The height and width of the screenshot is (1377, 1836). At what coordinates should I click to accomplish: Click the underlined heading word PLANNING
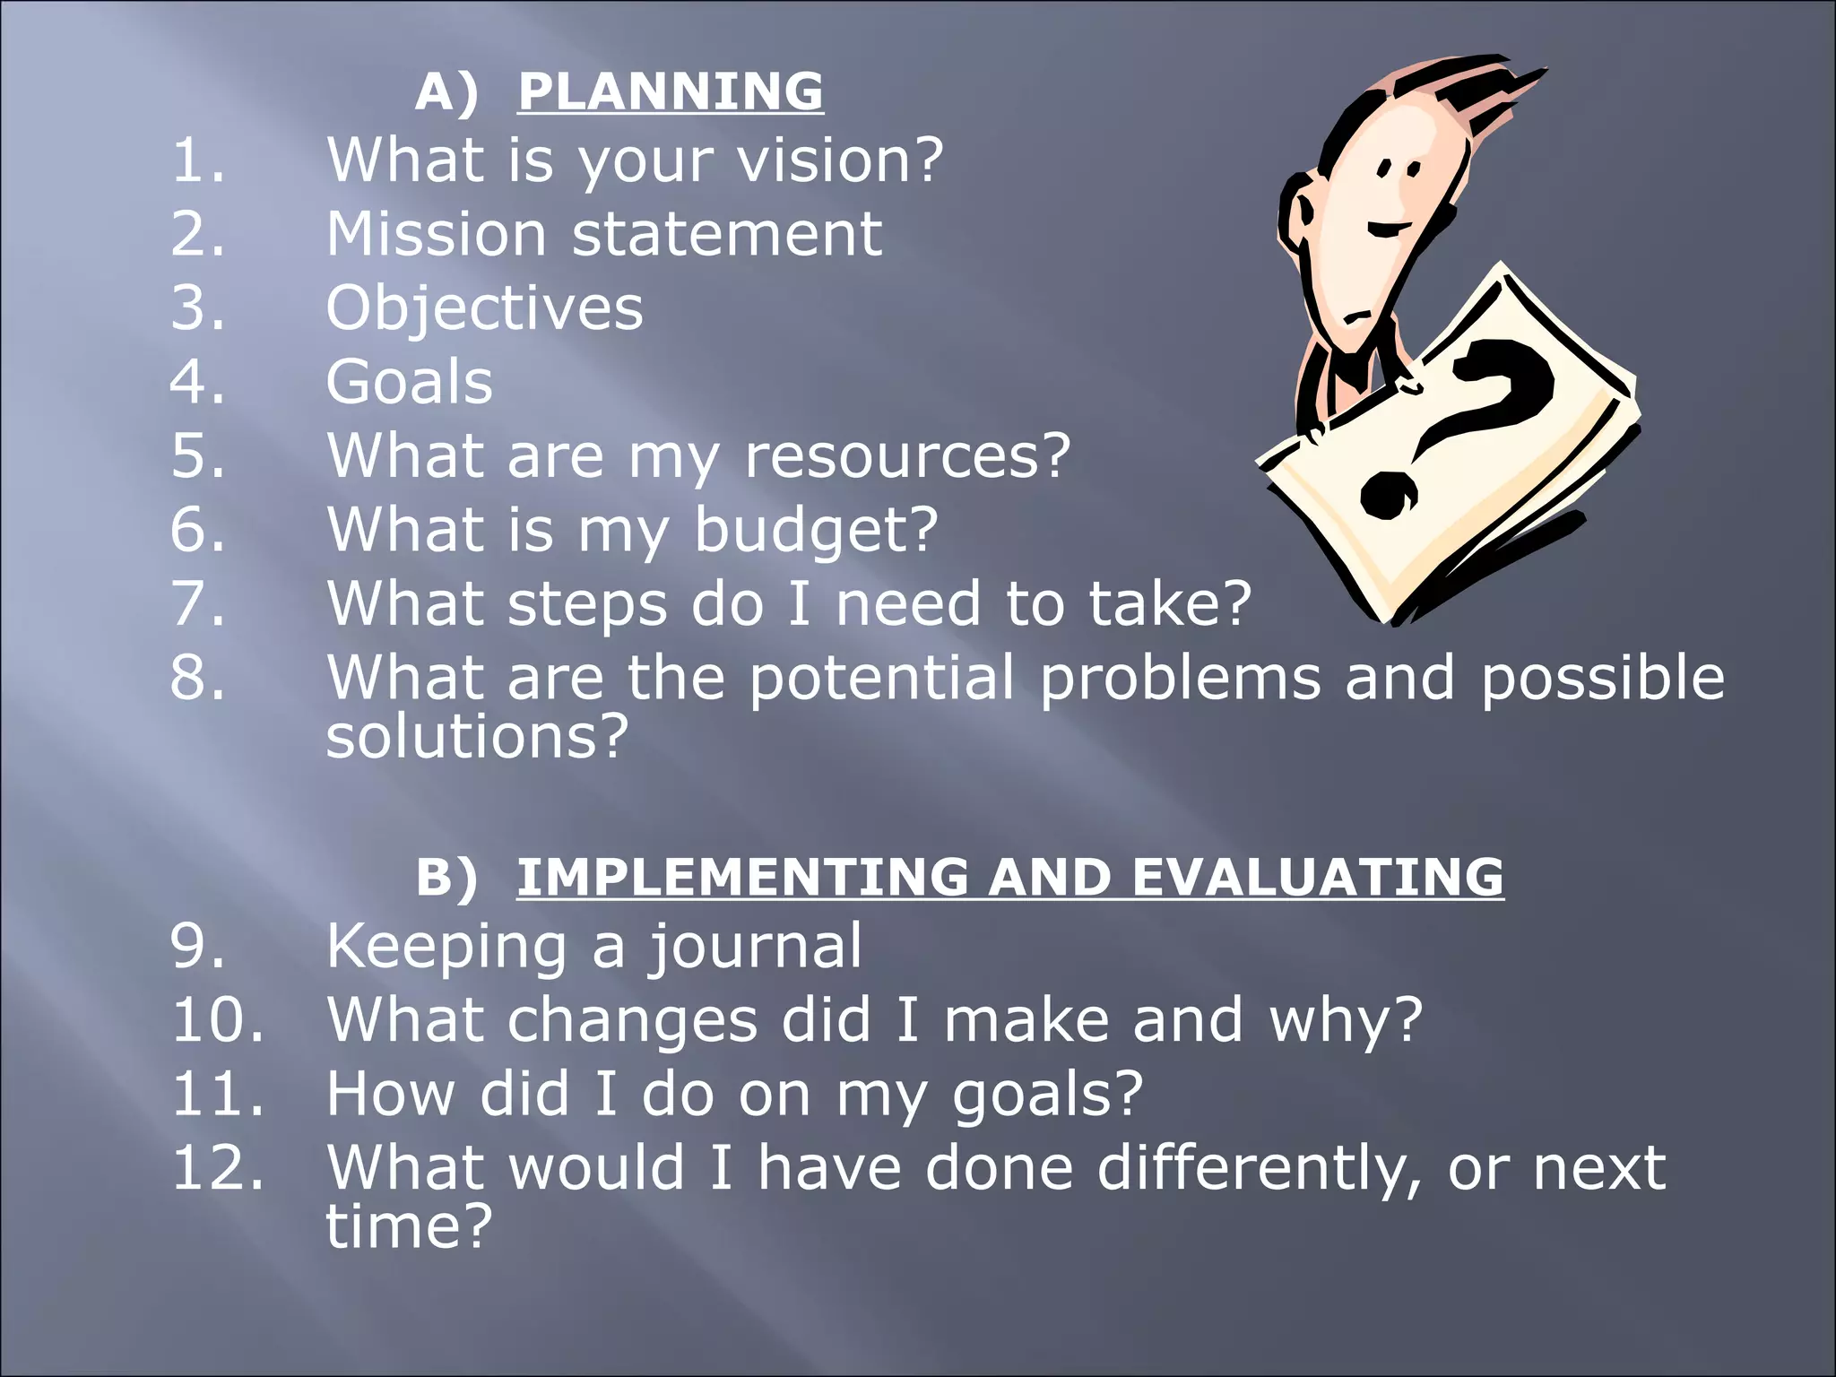[670, 91]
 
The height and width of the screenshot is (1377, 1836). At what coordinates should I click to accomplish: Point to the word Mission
[436, 235]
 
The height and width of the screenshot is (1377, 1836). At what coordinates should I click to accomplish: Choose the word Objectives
[484, 308]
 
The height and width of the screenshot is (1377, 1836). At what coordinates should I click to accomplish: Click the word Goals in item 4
[409, 383]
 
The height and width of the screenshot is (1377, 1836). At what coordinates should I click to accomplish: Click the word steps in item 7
[587, 603]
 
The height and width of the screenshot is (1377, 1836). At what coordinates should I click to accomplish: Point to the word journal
[755, 947]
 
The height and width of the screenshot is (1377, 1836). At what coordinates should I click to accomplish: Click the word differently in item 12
[1259, 1168]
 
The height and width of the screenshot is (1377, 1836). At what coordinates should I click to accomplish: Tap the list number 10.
[218, 1020]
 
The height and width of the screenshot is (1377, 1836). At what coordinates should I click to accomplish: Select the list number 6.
[197, 530]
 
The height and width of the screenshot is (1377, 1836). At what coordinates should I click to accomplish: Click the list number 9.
[197, 947]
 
